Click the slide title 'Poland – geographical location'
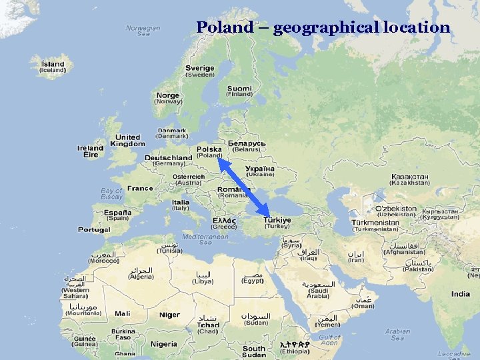click(323, 27)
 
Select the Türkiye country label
click(277, 219)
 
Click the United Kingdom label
click(127, 140)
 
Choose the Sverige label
click(199, 68)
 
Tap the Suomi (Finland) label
click(239, 89)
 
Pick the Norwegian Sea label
click(143, 31)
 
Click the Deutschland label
click(169, 158)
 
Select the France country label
click(140, 189)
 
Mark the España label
click(117, 213)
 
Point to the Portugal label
click(94, 229)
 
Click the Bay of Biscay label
click(111, 194)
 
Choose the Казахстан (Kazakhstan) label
click(410, 177)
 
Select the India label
click(460, 294)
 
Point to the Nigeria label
click(164, 344)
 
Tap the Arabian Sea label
click(397, 334)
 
